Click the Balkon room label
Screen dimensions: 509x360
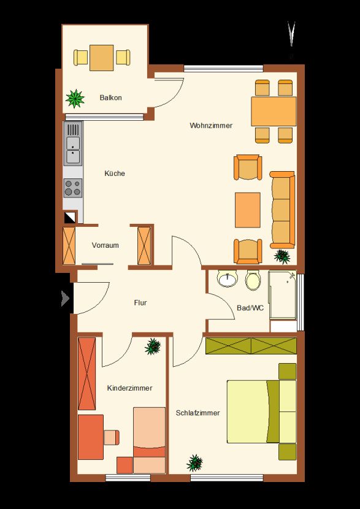pos(110,98)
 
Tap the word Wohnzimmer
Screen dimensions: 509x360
pos(211,126)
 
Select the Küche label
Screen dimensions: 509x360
pos(115,174)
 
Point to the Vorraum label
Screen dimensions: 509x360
pos(105,245)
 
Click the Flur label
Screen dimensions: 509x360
pos(141,303)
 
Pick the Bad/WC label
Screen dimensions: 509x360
pos(250,308)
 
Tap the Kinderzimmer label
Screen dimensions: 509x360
pos(129,388)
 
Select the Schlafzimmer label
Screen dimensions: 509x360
pos(197,413)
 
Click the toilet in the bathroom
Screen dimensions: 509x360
pos(252,281)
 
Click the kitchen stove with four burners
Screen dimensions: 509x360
pos(73,188)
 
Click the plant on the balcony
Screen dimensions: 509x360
pos(75,97)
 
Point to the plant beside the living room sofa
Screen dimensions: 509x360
pos(283,255)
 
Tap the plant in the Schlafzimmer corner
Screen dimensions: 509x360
pos(195,462)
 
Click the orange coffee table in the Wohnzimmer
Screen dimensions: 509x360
pos(248,210)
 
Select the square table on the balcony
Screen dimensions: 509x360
pos(102,58)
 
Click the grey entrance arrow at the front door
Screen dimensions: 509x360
pos(65,299)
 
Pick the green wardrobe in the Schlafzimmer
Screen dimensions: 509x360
pos(251,345)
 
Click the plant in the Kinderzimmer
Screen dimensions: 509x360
pos(153,347)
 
